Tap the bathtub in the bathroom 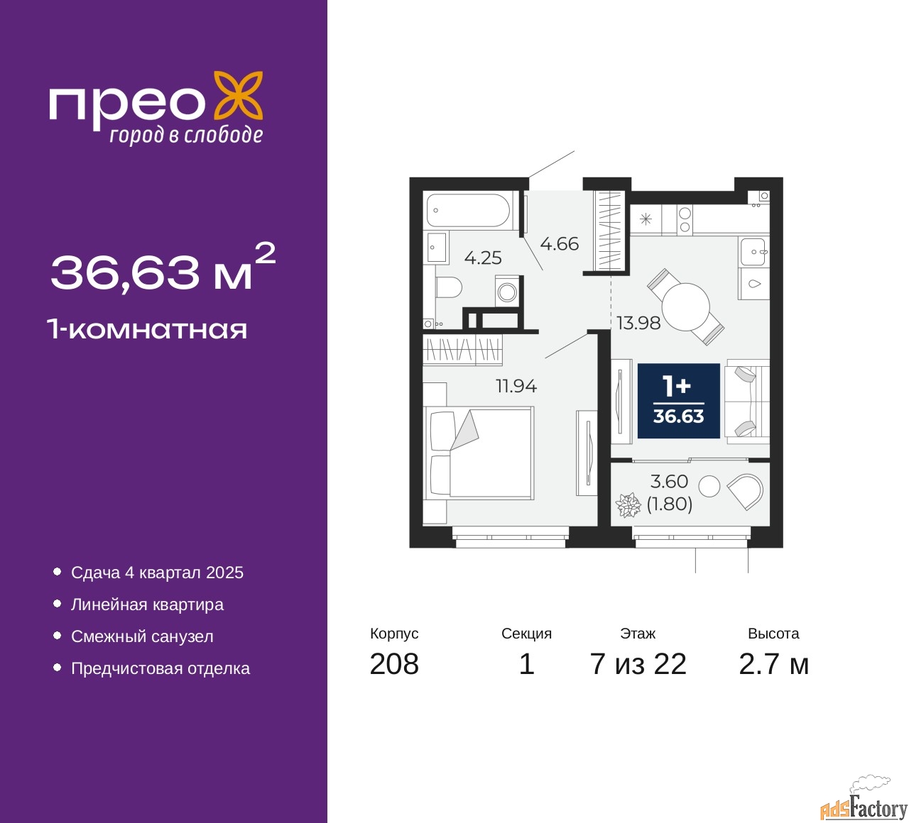coord(468,210)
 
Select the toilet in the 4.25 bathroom coord(449,287)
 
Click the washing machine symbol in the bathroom coord(506,291)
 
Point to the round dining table coord(685,307)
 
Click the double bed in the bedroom coord(479,453)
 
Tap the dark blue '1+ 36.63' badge coord(678,401)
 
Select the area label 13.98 coord(638,324)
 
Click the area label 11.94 coord(516,386)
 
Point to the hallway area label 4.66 coord(559,244)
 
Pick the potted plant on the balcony coord(628,504)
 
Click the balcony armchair coord(746,492)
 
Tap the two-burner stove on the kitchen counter coord(685,219)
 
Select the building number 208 coord(394,664)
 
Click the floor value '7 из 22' coord(638,664)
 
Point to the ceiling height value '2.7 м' coord(773,664)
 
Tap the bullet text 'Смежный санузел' coord(142,636)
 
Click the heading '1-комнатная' coord(148,330)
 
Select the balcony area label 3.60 coord(669,481)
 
